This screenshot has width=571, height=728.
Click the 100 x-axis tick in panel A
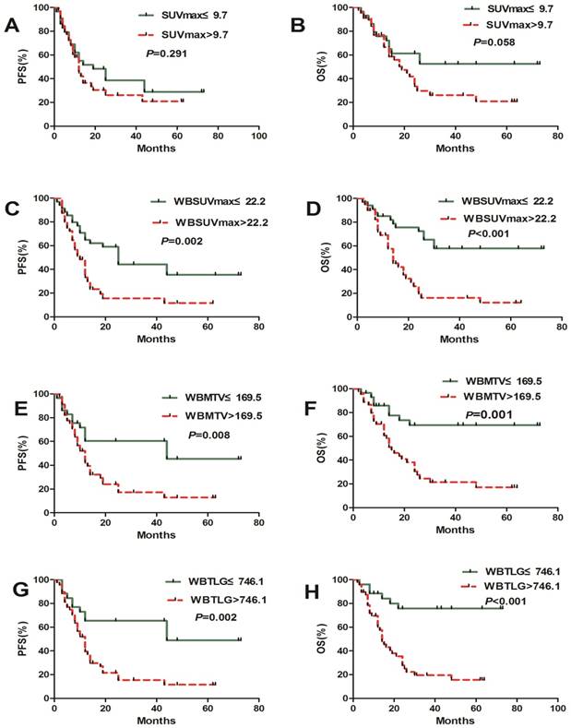[x=259, y=136]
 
